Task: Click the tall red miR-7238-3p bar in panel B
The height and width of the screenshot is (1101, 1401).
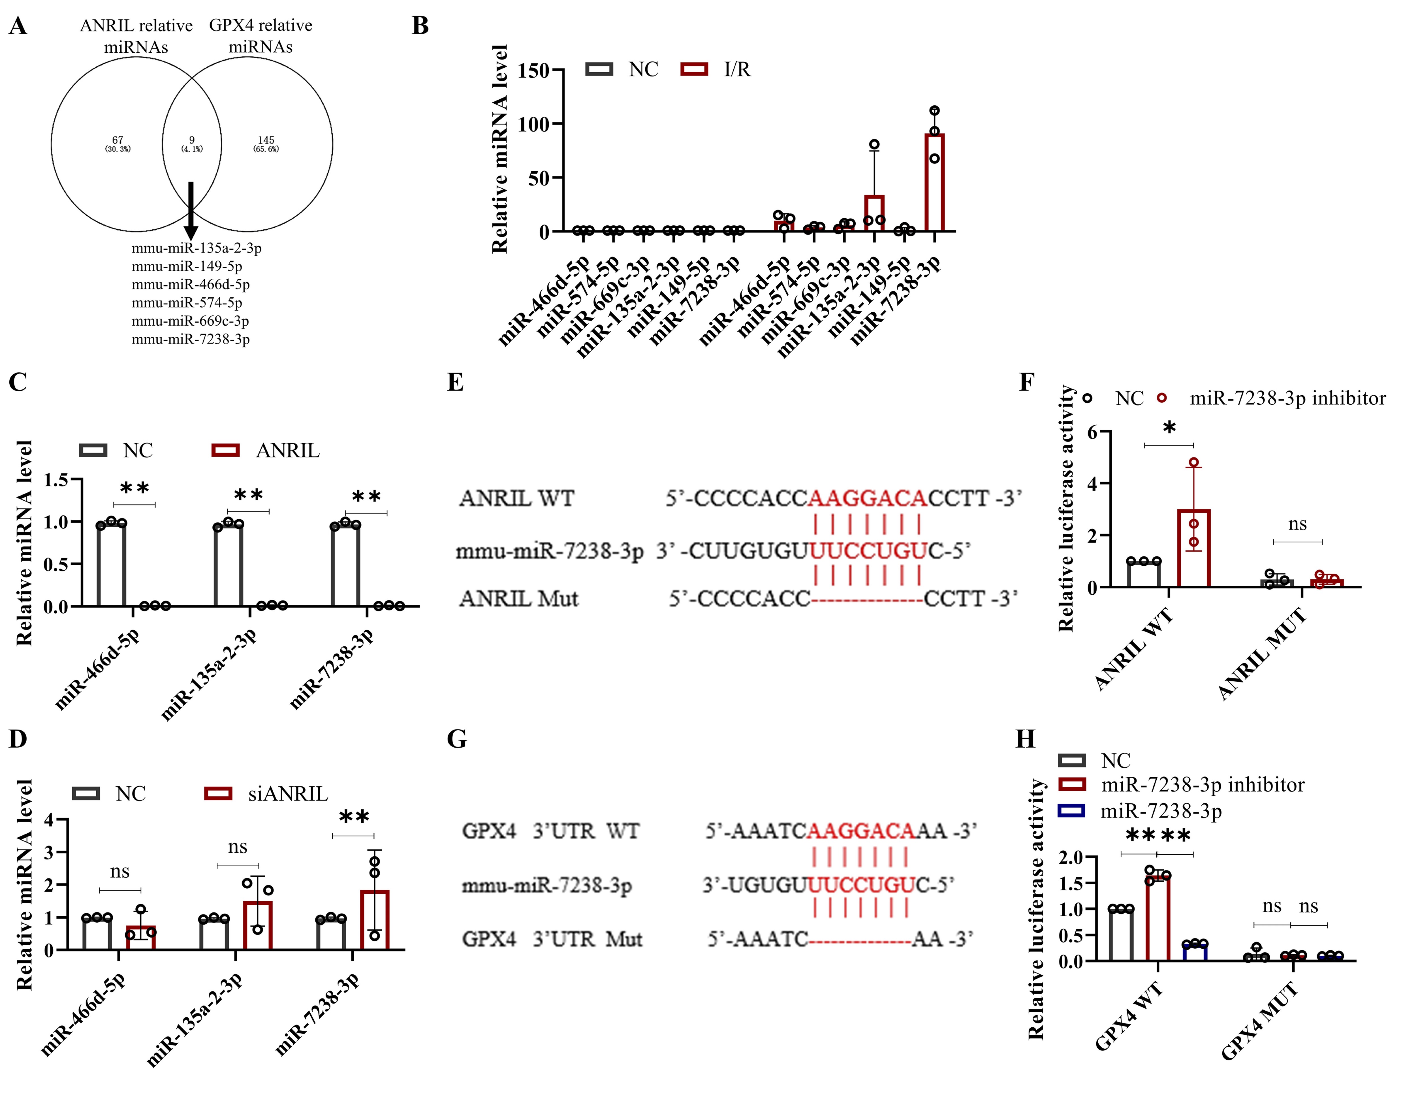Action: point(934,184)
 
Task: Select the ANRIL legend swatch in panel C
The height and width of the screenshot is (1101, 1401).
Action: point(226,450)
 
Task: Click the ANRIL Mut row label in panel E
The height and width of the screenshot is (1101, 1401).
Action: point(519,599)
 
